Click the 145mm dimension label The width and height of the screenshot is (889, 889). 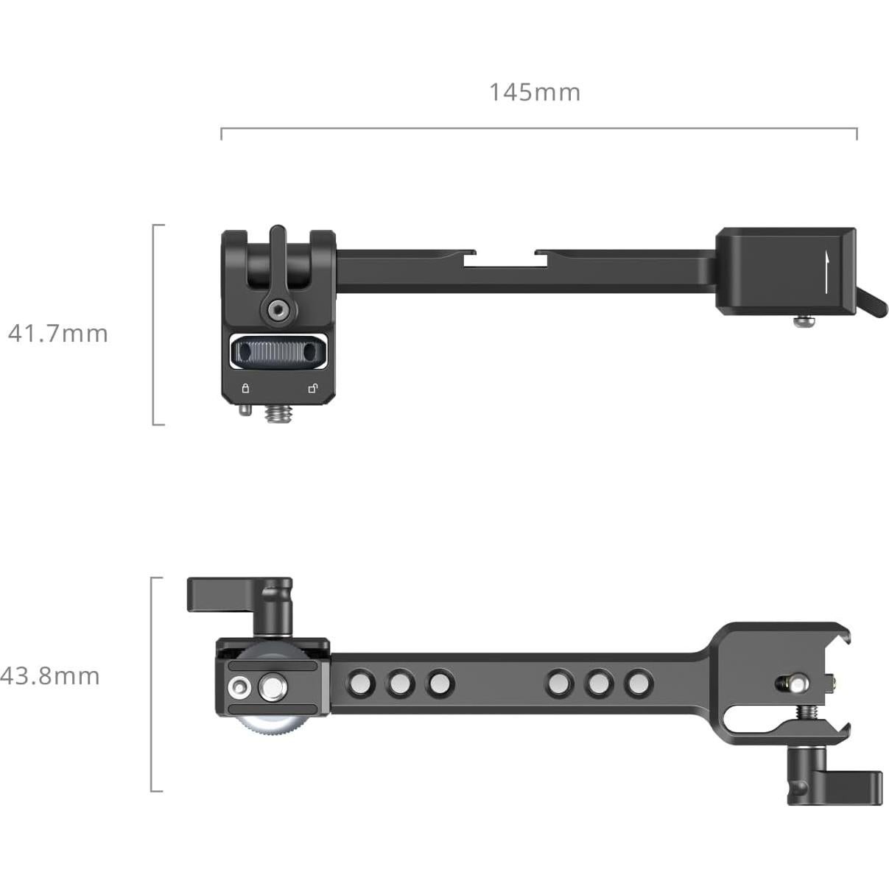[535, 92]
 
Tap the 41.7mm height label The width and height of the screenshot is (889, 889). [58, 334]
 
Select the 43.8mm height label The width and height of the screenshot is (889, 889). [50, 675]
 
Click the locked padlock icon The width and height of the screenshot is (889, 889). [245, 388]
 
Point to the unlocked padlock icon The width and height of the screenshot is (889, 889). [313, 388]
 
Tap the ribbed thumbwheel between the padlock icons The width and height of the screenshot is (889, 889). [279, 353]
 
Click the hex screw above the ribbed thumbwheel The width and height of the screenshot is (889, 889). [278, 309]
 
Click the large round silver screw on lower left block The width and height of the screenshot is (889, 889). [270, 688]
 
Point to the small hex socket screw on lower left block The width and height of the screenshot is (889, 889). [239, 688]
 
